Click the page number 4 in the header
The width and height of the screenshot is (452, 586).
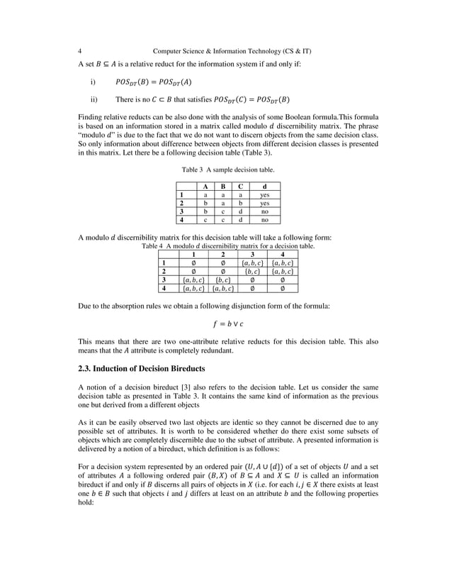click(79, 51)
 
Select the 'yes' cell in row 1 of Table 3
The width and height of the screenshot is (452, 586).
click(264, 194)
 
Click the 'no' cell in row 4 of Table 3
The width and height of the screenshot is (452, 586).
click(264, 220)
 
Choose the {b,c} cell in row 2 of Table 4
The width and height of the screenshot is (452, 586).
click(252, 270)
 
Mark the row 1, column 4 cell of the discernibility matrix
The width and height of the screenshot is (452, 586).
click(283, 262)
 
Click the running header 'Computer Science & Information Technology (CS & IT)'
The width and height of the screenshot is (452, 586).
click(234, 51)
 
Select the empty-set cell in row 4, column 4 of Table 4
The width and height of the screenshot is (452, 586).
click(283, 288)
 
